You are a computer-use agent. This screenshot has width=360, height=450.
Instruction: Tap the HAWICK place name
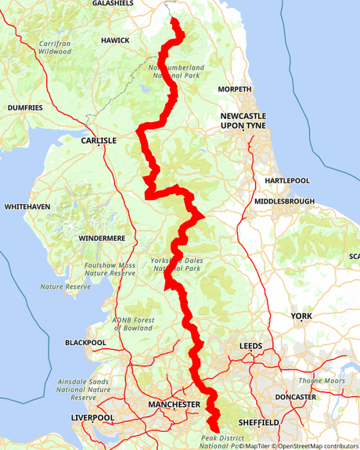pos(115,39)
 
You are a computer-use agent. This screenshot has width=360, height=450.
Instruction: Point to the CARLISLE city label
pos(99,140)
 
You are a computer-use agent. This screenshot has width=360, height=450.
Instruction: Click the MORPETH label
pos(234,89)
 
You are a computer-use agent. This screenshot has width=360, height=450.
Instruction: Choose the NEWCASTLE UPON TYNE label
pos(243,121)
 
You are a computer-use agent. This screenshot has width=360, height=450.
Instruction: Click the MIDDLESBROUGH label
pos(284,201)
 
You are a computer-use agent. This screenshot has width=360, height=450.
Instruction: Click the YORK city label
pos(301,316)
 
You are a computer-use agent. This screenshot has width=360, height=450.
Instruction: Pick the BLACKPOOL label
pos(85,343)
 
